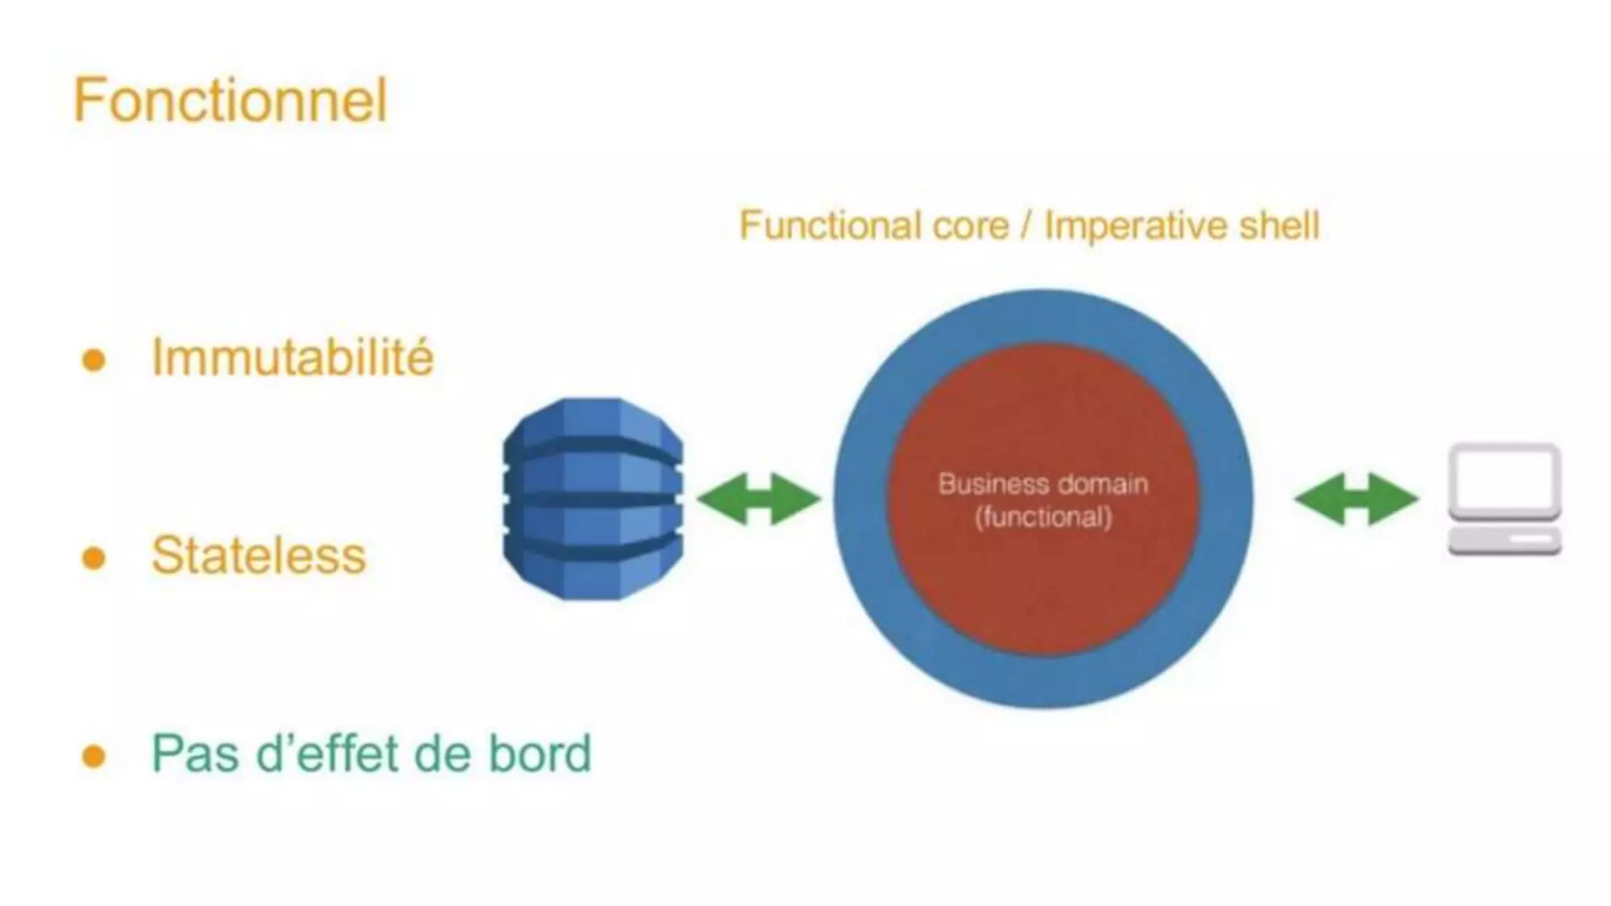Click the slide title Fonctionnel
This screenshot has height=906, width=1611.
click(230, 101)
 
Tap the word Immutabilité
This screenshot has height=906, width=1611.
click(292, 358)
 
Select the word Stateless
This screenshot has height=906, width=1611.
click(259, 556)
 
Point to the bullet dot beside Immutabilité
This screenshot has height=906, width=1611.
click(94, 360)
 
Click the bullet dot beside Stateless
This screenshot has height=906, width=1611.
click(94, 558)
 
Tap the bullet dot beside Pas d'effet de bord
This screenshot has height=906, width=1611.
click(94, 757)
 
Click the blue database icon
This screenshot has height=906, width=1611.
click(593, 499)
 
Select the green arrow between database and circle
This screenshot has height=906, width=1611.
click(758, 499)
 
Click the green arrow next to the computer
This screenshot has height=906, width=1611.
click(1355, 499)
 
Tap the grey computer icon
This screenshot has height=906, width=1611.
click(1504, 500)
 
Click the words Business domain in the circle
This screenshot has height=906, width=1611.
click(1043, 484)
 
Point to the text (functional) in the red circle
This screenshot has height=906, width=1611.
click(1043, 517)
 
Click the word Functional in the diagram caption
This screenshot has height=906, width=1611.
click(831, 226)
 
